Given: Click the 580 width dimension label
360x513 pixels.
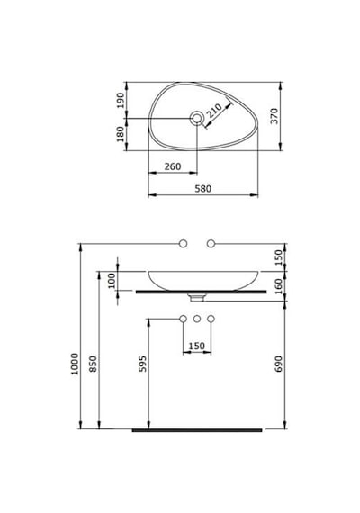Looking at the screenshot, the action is pos(202,189).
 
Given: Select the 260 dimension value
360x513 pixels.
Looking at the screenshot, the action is pos(173,166).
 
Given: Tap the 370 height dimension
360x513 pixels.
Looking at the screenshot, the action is pos(274,116).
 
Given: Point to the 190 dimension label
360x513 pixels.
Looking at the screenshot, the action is pos(121,101).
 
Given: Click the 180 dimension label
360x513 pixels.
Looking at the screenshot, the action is pos(121,134).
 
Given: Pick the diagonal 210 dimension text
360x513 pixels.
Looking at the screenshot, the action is pos(215,111).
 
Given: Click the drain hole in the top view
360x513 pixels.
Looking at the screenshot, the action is pos(197,118).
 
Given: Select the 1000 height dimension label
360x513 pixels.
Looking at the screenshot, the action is pos(75,364).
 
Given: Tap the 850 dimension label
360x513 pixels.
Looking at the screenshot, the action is pos(94,364).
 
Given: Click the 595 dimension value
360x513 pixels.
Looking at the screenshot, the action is pos(143,364).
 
